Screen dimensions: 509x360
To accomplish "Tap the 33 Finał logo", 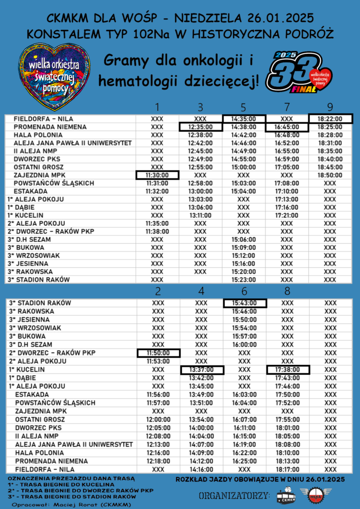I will [298, 73].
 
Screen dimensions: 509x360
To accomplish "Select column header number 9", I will [330, 107].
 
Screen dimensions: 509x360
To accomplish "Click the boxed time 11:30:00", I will [157, 175].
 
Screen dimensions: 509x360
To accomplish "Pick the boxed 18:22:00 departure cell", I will [330, 119].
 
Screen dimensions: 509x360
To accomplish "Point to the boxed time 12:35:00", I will [200, 127].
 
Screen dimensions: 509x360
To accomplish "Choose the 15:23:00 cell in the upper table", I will [244, 279].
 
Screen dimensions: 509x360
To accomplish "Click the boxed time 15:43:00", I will [244, 303].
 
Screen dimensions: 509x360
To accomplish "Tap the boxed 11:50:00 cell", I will [158, 352].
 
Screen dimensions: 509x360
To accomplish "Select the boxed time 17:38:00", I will [287, 369].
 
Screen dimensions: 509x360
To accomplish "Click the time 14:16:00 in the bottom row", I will [201, 469].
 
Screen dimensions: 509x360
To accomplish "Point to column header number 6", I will [244, 291].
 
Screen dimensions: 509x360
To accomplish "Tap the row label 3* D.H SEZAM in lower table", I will [31, 344].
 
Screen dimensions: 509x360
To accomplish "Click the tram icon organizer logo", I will [285, 496].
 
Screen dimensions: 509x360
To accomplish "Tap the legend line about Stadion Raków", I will [72, 496].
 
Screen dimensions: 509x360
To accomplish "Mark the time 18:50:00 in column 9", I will [330, 175].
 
